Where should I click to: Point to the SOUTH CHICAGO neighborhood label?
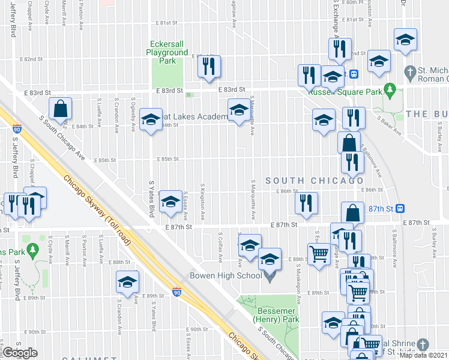[x=315, y=181]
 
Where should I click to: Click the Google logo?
[x=20, y=353]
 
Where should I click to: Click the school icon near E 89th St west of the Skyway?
[x=127, y=282]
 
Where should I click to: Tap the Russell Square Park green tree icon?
[x=389, y=89]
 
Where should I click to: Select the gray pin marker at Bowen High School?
[x=270, y=277]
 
